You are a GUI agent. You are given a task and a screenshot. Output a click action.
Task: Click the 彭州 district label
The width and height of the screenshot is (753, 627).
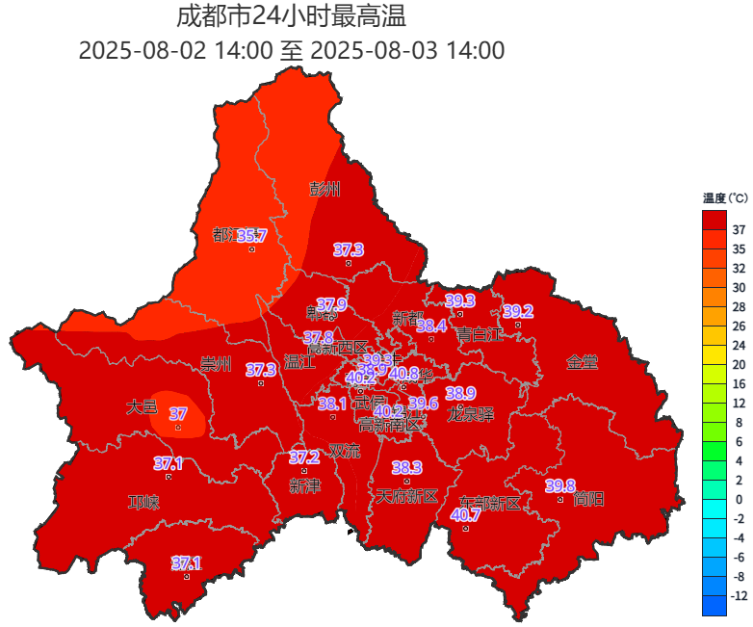[x=325, y=189]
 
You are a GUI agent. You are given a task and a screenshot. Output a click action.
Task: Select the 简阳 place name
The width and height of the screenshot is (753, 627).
[x=587, y=499]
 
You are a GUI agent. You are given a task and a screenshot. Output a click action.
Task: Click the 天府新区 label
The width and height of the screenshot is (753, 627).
[x=406, y=496]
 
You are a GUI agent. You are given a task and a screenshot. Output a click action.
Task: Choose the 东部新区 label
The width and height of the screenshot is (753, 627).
[x=489, y=503]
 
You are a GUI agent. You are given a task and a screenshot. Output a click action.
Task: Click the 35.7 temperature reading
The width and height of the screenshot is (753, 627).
[x=251, y=235]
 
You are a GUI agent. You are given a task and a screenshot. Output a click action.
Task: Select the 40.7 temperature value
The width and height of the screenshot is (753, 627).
[x=465, y=515]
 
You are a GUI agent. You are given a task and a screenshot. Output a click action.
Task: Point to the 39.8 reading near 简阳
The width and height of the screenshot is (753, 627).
[x=559, y=485]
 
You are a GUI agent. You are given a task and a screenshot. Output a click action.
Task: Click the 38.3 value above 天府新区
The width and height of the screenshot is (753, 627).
[x=406, y=467]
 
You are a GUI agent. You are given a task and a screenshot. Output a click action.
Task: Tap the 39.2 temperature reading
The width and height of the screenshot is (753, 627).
[x=517, y=311]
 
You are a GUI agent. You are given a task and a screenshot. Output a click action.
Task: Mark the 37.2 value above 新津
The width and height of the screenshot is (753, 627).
[x=304, y=457]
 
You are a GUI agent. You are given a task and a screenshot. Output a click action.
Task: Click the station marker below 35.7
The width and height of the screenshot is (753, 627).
[x=252, y=249]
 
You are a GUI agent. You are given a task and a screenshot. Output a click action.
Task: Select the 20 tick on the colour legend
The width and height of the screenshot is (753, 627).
[x=739, y=364]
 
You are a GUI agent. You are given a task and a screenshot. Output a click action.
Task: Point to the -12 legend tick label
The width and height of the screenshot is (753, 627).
[x=739, y=596]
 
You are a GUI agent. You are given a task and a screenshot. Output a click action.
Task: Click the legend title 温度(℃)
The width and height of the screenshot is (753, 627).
[x=724, y=198]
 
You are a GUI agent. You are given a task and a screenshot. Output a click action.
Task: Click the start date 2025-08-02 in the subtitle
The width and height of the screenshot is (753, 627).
[x=143, y=50]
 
